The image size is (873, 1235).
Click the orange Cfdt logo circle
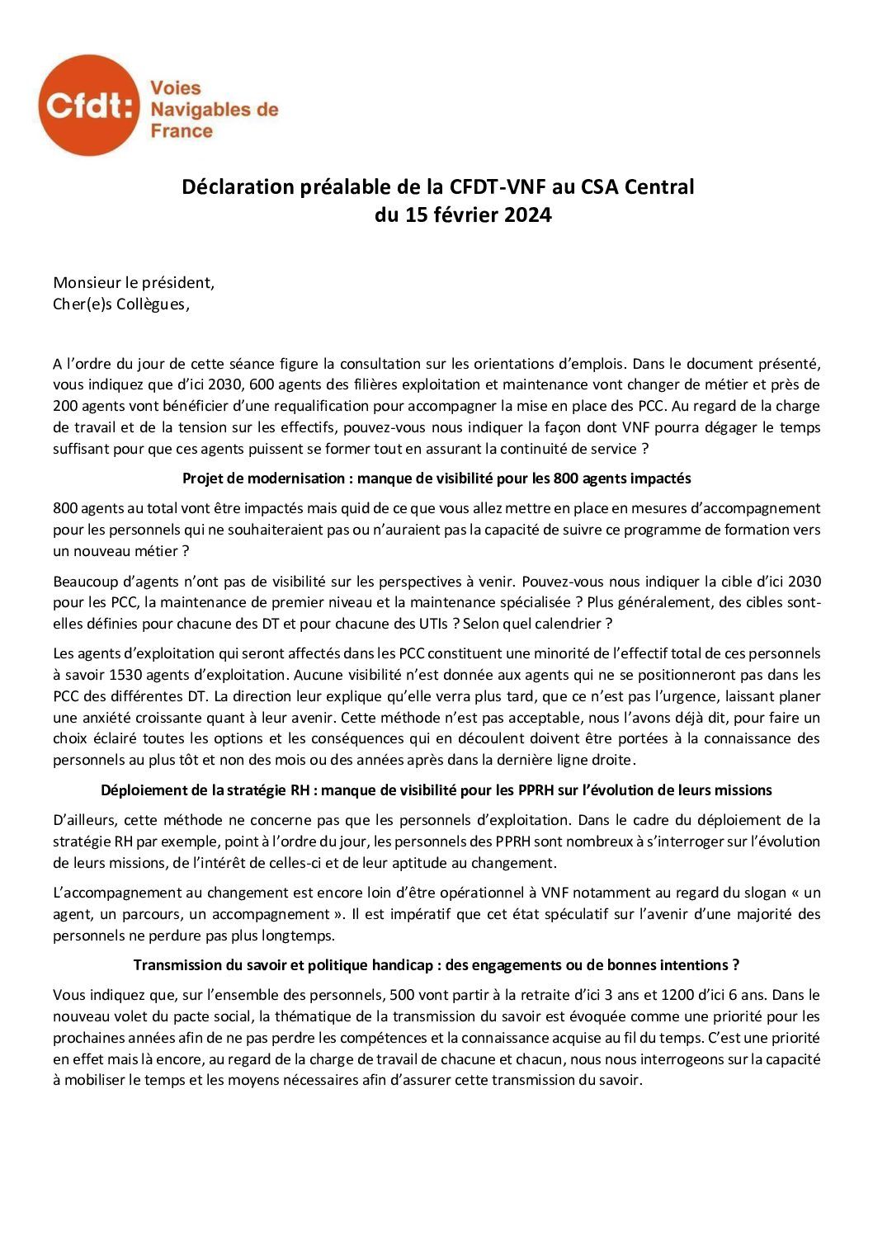(89, 106)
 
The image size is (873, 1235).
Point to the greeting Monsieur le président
(134, 282)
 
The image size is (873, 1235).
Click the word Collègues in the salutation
(150, 304)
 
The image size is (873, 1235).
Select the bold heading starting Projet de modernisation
(436, 478)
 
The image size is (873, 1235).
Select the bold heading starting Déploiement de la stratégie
(436, 790)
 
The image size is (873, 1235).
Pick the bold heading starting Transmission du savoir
(436, 965)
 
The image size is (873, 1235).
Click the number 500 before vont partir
(404, 995)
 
